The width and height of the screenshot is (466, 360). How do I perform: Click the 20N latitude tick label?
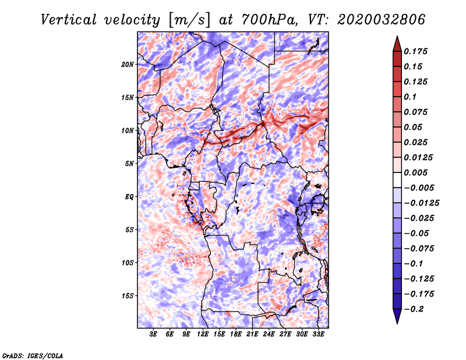tap(128, 65)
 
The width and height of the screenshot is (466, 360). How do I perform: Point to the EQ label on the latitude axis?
tap(129, 197)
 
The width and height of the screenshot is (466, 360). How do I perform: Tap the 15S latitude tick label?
tap(128, 296)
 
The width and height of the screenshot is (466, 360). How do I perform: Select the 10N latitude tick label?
tap(128, 130)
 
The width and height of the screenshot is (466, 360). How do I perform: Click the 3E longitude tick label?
tap(153, 334)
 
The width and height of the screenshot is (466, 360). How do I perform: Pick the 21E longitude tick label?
tap(252, 334)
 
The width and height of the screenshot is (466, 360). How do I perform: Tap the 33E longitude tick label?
tap(318, 334)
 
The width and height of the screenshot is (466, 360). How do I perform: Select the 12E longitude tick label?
tap(203, 334)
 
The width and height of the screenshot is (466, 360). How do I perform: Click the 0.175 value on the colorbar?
tap(415, 51)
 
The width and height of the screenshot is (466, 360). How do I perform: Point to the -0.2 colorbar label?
tap(414, 309)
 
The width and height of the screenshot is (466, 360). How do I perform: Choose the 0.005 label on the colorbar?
tap(415, 172)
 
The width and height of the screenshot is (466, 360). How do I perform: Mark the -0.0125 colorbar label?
tap(421, 203)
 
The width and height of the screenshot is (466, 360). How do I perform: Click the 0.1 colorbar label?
tap(410, 97)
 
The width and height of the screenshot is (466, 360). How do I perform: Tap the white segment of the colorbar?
tap(397, 180)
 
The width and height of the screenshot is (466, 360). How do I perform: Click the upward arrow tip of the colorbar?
tap(397, 36)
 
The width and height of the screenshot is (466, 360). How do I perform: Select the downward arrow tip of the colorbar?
tap(397, 323)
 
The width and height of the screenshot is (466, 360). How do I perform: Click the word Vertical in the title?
tap(69, 20)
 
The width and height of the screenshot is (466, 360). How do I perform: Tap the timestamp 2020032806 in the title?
tap(382, 20)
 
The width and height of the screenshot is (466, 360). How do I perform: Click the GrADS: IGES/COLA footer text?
tap(33, 355)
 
